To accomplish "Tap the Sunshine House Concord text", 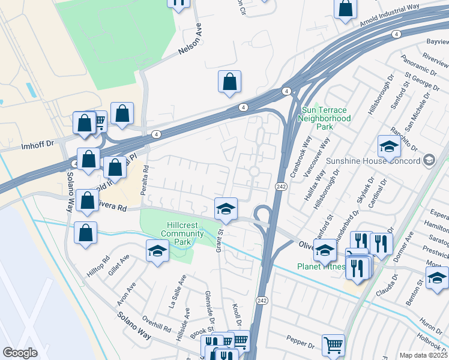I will (372, 161).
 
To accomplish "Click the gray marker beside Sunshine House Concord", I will (429, 160).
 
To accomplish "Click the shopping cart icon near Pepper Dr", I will (333, 344).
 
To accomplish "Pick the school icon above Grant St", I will (226, 208).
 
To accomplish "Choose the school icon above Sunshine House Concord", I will (388, 146).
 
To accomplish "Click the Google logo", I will (20, 353).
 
